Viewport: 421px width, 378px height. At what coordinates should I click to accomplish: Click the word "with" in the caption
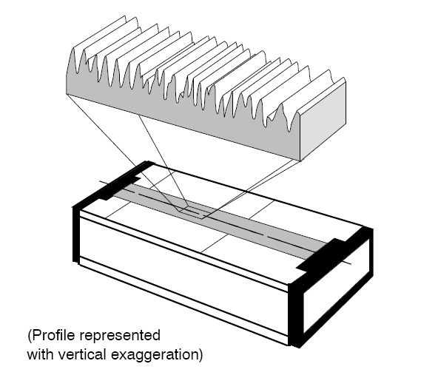click(x=41, y=354)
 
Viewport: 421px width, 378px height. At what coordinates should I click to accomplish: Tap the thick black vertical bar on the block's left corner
click(x=76, y=234)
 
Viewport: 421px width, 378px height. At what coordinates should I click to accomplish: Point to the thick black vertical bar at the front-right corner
click(x=295, y=314)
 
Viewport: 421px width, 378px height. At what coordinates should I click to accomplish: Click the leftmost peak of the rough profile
click(x=73, y=49)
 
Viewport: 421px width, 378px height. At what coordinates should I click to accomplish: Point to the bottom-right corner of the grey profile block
click(x=300, y=161)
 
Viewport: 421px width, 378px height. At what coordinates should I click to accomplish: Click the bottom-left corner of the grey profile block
click(x=67, y=93)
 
